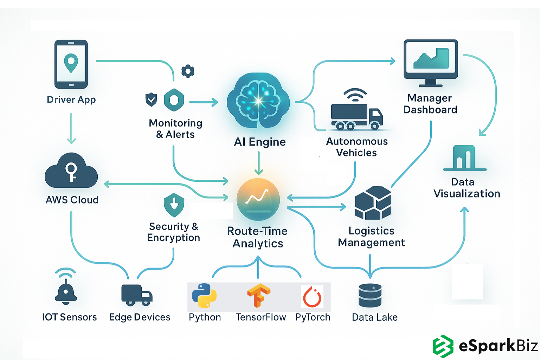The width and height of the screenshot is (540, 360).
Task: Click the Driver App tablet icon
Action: [71, 64]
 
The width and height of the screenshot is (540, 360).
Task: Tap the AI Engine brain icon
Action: [258, 101]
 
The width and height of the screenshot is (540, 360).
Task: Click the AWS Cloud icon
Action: [71, 171]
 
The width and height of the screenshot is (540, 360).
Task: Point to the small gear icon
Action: [188, 71]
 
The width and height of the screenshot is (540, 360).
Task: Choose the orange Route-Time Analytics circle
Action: [258, 199]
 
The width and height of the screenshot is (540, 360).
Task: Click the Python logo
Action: [204, 296]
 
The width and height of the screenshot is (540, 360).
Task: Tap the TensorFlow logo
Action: [259, 296]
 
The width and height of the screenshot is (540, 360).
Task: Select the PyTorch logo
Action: [312, 296]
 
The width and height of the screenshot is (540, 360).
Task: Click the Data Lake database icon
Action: [370, 295]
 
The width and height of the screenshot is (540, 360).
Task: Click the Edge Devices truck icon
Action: [137, 295]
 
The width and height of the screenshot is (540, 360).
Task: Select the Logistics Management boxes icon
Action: [373, 203]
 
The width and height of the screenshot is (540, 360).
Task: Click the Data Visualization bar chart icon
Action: [464, 158]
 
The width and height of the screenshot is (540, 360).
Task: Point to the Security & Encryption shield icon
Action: [174, 205]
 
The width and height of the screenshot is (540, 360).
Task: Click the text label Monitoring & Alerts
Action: [175, 129]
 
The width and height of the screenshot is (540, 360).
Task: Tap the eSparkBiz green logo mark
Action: [443, 346]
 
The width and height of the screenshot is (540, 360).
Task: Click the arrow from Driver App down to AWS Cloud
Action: [71, 128]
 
